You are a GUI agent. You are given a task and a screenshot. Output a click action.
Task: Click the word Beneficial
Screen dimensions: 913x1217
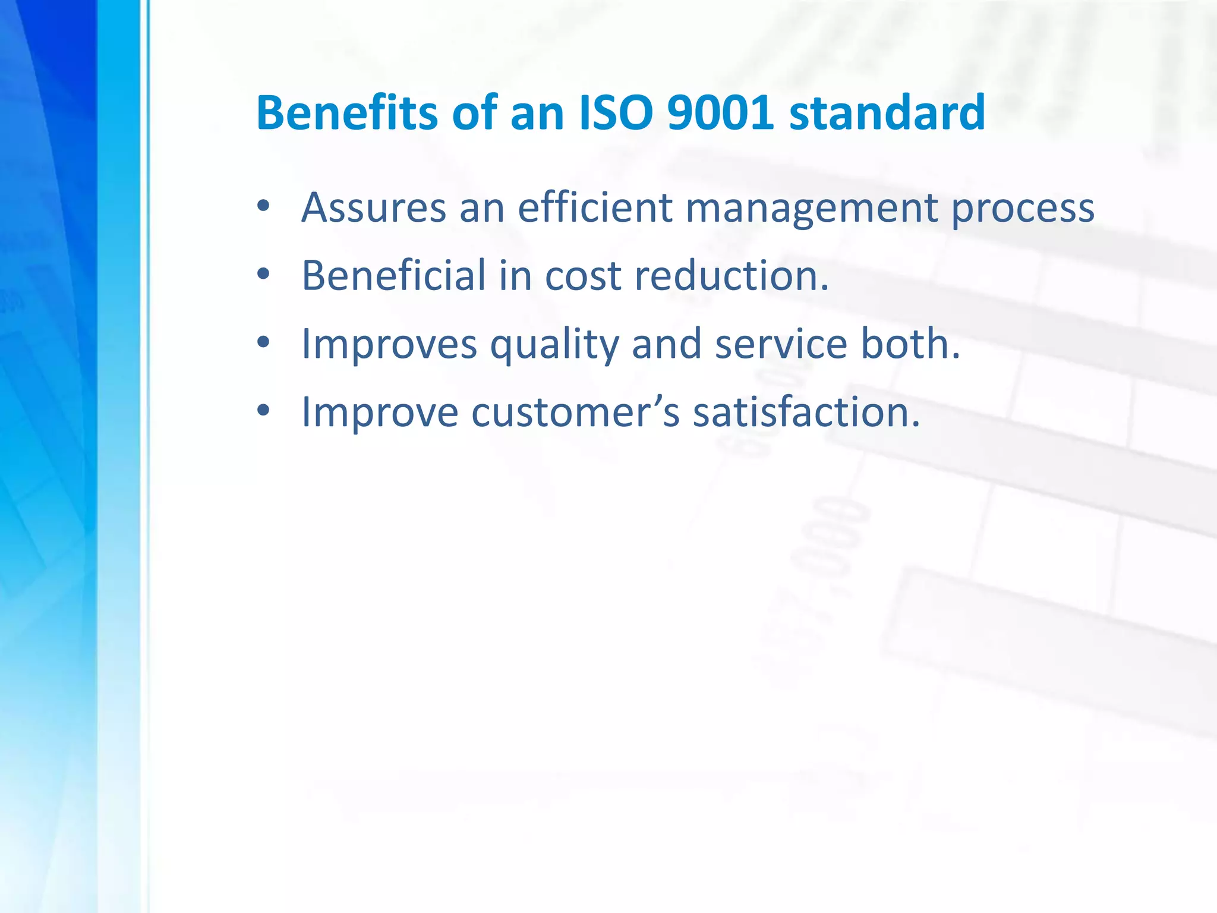coord(393,276)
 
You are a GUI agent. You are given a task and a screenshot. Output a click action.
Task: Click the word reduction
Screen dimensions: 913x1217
coord(731,276)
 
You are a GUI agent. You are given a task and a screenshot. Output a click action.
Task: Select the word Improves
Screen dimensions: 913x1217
coord(389,345)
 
